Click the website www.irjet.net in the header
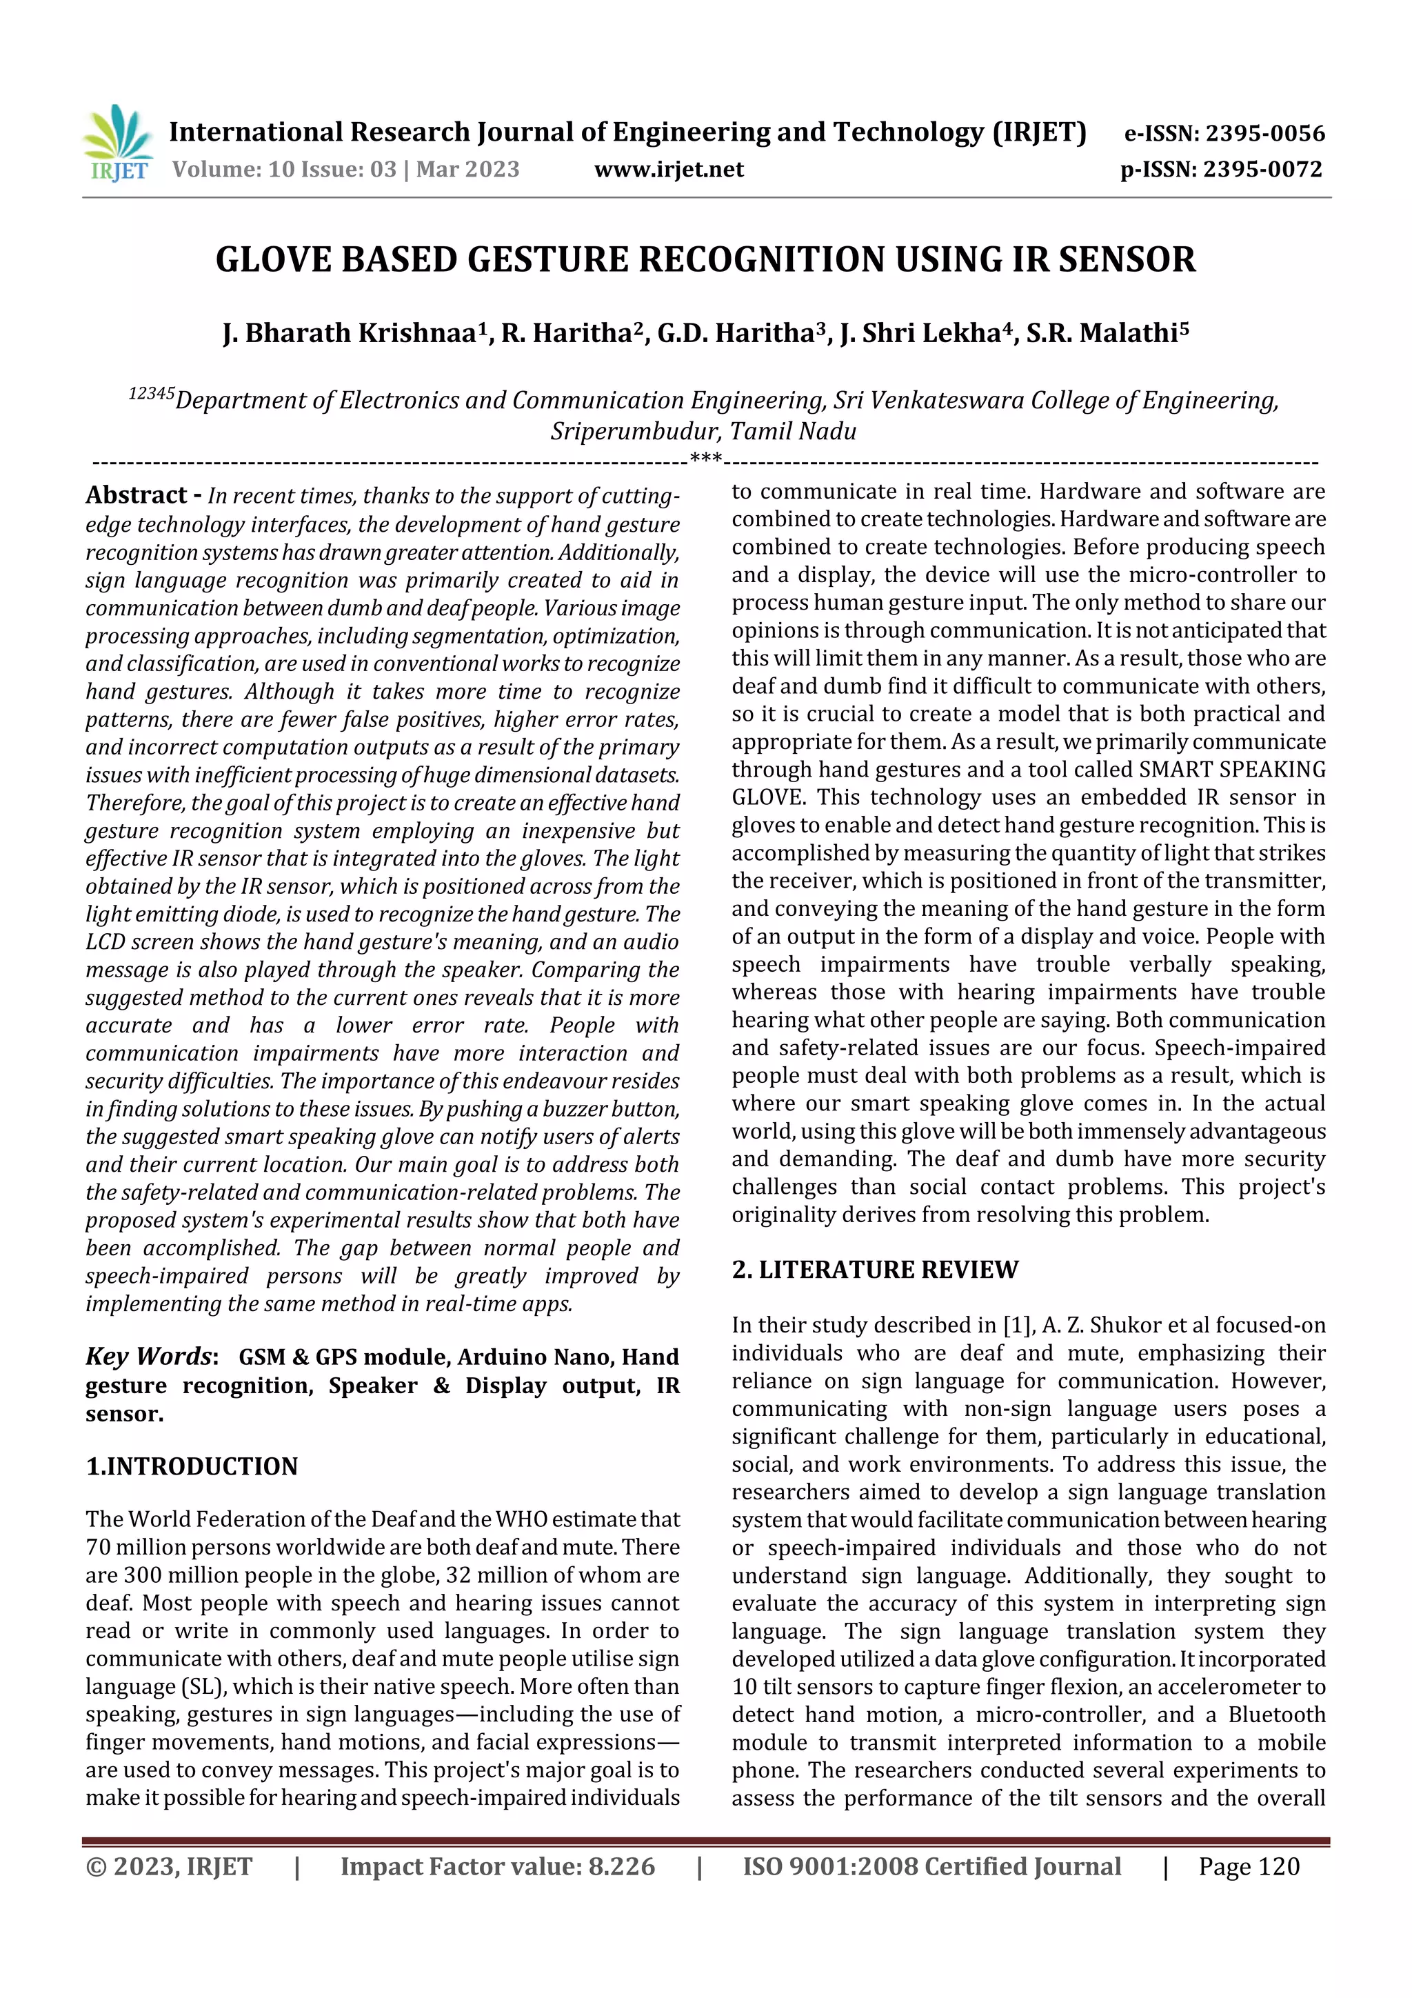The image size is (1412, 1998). pyautogui.click(x=668, y=169)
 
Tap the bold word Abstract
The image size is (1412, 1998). pyautogui.click(x=136, y=495)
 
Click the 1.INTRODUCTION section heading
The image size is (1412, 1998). pyautogui.click(x=192, y=1466)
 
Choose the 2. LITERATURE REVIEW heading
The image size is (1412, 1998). pyautogui.click(x=874, y=1270)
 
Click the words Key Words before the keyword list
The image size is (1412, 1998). pyautogui.click(x=149, y=1357)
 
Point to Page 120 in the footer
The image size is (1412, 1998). pyautogui.click(x=1249, y=1866)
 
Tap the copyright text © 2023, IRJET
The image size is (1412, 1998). pyautogui.click(x=169, y=1866)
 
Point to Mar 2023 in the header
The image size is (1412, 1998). pyautogui.click(x=467, y=169)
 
